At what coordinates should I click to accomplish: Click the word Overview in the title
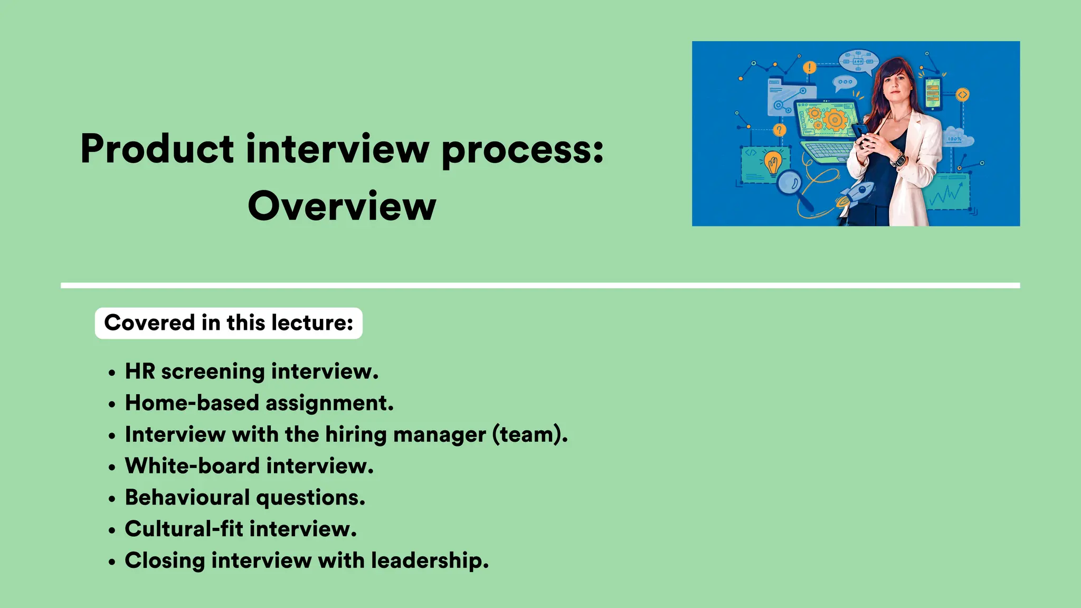[x=342, y=206]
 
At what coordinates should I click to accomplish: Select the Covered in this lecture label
[x=229, y=323]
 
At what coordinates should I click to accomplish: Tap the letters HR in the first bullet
[x=140, y=372]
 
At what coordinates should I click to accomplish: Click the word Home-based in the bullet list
[x=192, y=403]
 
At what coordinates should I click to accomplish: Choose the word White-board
[x=192, y=466]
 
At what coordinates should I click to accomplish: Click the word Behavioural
[x=187, y=498]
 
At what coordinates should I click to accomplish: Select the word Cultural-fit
[x=184, y=529]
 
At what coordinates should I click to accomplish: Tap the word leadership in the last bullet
[x=429, y=560]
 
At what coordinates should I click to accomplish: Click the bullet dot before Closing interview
[x=111, y=562]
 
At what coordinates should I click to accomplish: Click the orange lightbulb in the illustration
[x=773, y=162]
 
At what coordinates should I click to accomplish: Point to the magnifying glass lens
[x=790, y=183]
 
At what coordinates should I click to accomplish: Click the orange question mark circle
[x=779, y=130]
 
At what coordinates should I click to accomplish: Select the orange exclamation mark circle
[x=809, y=68]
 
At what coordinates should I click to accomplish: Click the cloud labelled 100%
[x=955, y=137]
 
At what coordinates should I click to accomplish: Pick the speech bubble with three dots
[x=845, y=82]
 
